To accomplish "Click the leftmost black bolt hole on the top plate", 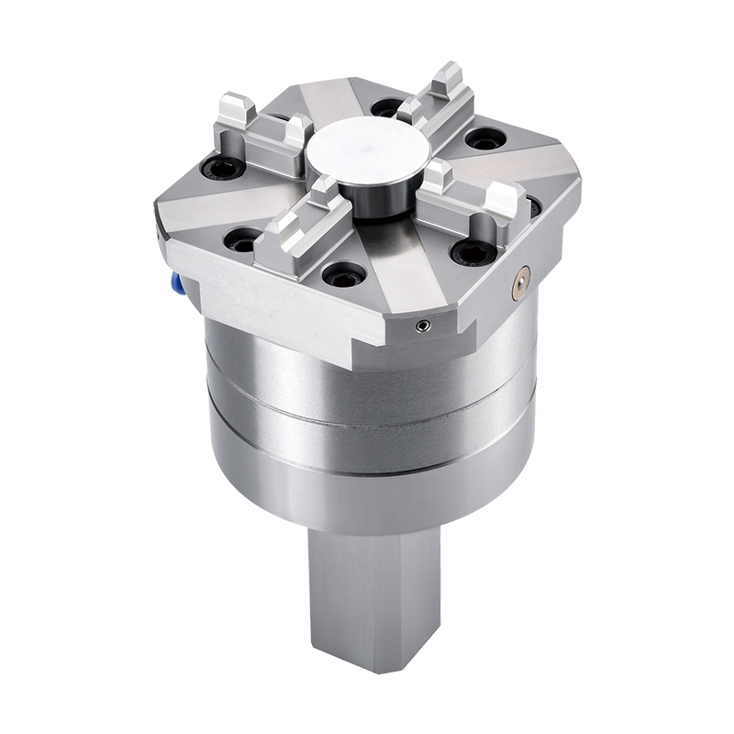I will pos(222,167).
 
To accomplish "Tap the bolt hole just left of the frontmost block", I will pos(242,240).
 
